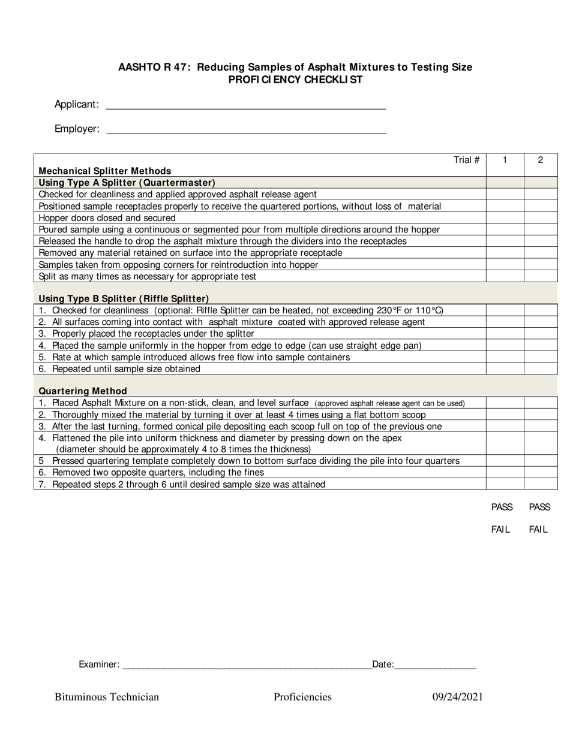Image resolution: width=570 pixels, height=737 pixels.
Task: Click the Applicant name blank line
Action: pos(245,105)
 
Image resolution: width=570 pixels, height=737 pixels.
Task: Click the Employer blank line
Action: pos(246,129)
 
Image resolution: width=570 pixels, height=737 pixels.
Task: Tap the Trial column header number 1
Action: pos(505,160)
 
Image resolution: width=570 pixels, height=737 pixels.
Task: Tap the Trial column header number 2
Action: pos(541,160)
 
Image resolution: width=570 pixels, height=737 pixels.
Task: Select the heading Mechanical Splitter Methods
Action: pos(105,171)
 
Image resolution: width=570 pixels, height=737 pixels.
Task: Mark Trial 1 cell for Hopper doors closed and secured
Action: pos(505,218)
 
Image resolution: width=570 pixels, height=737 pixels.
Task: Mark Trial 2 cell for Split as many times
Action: pos(541,276)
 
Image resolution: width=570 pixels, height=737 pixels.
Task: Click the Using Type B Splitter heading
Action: pos(124,298)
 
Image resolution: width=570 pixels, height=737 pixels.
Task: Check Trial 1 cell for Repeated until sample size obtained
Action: pos(505,369)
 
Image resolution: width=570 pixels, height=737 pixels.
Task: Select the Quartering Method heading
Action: pos(83,391)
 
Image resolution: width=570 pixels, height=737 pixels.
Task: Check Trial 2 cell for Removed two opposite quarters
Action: pos(541,472)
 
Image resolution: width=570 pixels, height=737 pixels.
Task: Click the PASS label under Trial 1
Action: pos(502,508)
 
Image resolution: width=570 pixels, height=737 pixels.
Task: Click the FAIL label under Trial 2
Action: pos(538,530)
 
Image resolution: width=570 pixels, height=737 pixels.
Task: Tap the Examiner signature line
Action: pos(247,665)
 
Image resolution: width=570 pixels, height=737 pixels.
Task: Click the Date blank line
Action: pos(435,665)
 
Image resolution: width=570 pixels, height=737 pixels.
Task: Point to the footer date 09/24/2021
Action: pos(458,697)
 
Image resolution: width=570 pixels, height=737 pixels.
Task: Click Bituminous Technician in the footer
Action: pos(107,697)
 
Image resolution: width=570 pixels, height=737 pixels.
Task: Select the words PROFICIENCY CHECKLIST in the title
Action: pos(295,80)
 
